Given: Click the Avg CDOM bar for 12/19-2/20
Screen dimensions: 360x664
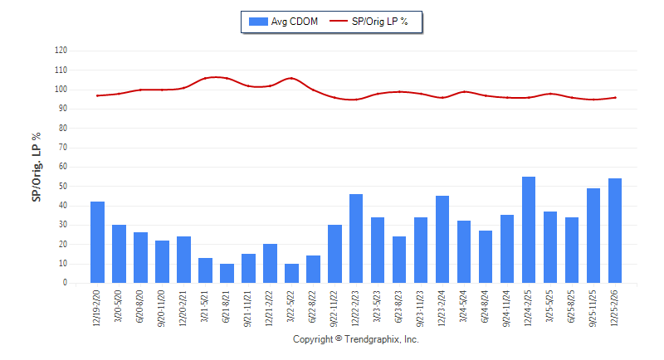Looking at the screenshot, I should click(x=97, y=242).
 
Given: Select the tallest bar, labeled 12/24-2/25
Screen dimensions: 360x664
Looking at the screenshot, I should click(x=529, y=230).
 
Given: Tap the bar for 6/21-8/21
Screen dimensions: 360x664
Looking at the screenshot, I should click(x=227, y=274).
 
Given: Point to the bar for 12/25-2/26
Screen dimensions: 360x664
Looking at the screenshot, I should click(x=615, y=231).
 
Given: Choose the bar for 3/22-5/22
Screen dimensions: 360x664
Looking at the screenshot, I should click(x=291, y=274).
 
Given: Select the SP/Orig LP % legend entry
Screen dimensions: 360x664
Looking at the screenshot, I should click(x=370, y=22).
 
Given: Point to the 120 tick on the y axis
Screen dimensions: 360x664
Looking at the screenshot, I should click(x=61, y=51).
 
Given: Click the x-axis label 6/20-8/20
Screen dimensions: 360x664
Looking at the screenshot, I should click(x=140, y=307).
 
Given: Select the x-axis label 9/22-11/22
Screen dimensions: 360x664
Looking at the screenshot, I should click(x=334, y=308).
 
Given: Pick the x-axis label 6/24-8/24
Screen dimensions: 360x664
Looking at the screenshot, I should click(x=486, y=307).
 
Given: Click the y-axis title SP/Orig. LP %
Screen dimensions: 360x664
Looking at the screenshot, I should click(x=36, y=167).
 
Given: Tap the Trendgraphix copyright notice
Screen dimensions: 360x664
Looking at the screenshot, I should click(x=356, y=340).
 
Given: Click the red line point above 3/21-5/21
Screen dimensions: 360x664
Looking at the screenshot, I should click(x=205, y=79).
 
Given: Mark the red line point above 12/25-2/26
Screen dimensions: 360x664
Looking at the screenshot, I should click(x=615, y=97).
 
